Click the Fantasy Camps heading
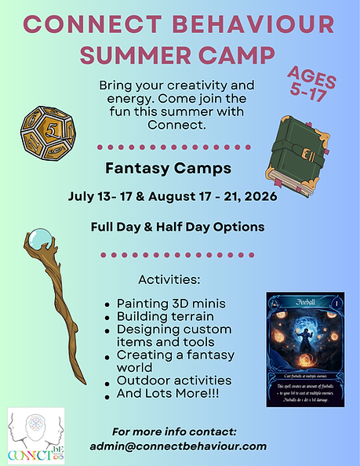(179, 168)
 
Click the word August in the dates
(179, 196)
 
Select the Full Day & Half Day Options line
(179, 227)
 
